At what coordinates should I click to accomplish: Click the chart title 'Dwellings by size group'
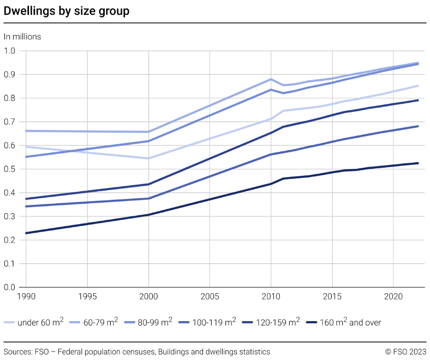(66, 11)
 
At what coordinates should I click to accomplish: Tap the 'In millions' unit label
(22, 36)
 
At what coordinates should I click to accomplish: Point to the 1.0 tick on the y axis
(10, 51)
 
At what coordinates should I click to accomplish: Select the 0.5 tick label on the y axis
(10, 169)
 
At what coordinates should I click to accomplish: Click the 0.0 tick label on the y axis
(10, 288)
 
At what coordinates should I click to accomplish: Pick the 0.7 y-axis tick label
(10, 122)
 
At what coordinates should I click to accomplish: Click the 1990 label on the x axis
(26, 297)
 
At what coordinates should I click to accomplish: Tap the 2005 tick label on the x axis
(210, 297)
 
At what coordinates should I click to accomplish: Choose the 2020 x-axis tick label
(393, 297)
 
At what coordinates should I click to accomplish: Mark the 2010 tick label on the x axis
(270, 297)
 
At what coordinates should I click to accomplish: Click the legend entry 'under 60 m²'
(40, 323)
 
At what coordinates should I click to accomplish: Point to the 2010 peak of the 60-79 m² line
(271, 79)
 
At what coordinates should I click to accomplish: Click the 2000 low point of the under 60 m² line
(149, 158)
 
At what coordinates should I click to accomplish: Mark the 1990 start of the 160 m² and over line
(26, 233)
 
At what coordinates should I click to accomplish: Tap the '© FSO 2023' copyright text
(406, 352)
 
